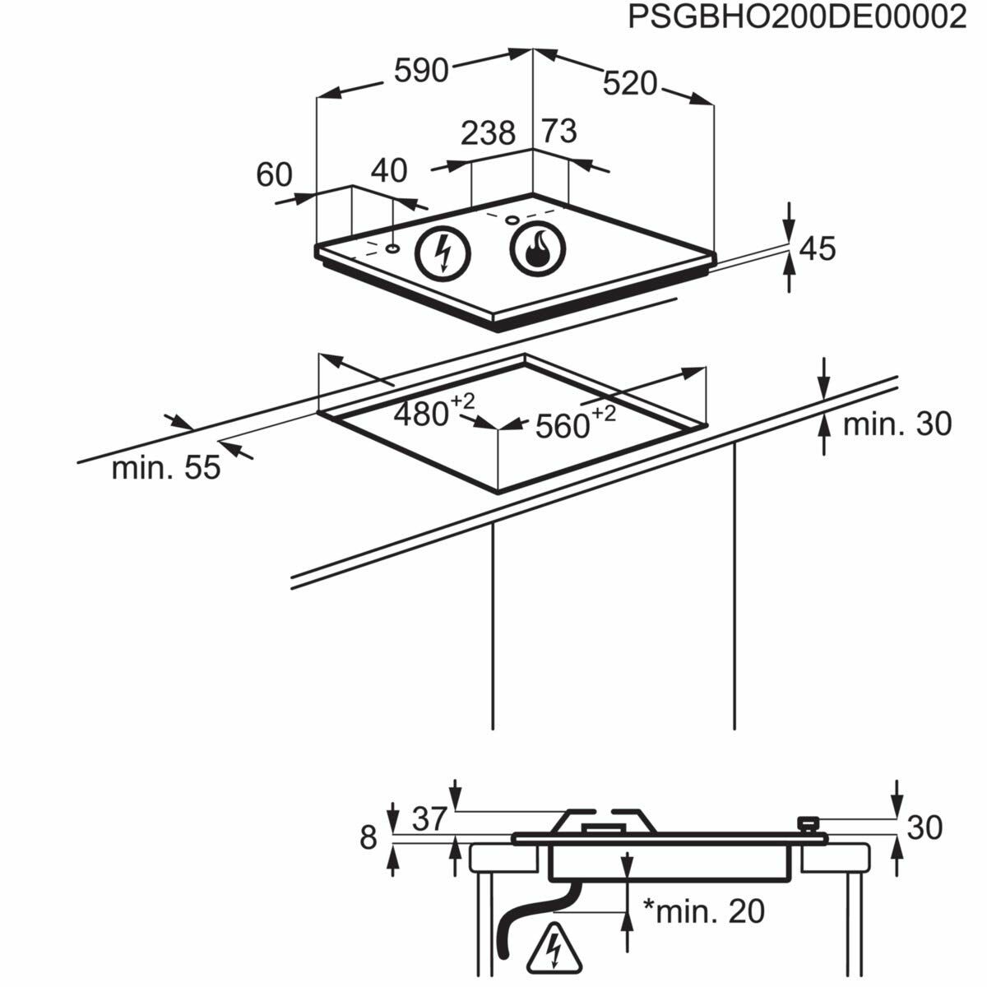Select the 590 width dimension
[x=421, y=71]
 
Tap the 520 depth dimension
[x=630, y=83]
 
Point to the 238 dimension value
[x=488, y=132]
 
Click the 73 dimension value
[x=558, y=131]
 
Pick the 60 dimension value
[x=274, y=174]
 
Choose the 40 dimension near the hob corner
[x=389, y=170]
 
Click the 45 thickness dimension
[x=818, y=248]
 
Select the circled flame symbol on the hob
[x=538, y=247]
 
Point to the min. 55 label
[x=166, y=468]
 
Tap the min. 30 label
[x=897, y=424]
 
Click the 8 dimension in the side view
[x=368, y=838]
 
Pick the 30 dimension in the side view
[x=924, y=827]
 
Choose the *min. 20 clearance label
[x=704, y=911]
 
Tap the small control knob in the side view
[x=809, y=823]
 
